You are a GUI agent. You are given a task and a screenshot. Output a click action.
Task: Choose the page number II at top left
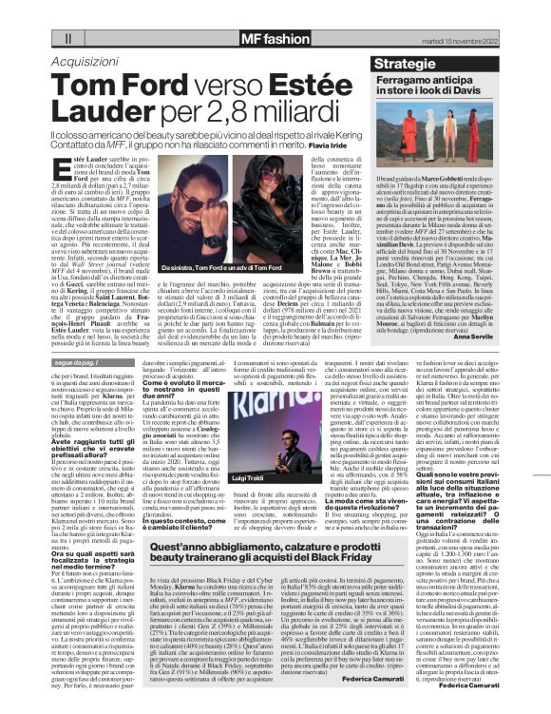click(x=68, y=39)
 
